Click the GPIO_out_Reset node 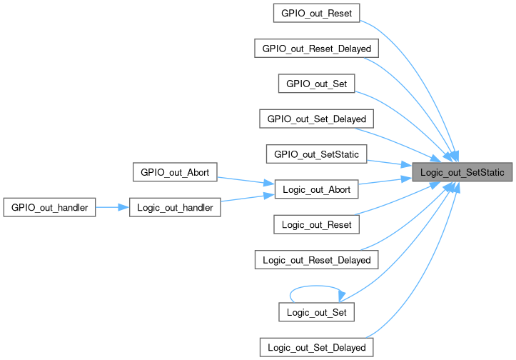point(316,13)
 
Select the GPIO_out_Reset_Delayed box point(316,48)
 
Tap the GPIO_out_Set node point(316,83)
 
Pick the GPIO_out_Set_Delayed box point(316,118)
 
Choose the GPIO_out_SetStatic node point(316,154)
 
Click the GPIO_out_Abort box point(175,171)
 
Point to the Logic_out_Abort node point(316,189)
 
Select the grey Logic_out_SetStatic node point(462,172)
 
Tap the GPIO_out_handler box point(49,207)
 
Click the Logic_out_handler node point(175,207)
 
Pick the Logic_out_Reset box point(316,224)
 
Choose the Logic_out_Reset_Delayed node point(316,259)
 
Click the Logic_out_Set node point(316,312)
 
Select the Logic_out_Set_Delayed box point(316,347)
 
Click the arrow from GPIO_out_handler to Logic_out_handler point(112,207)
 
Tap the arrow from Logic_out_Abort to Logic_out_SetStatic point(385,181)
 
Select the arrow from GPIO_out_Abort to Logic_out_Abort point(242,180)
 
